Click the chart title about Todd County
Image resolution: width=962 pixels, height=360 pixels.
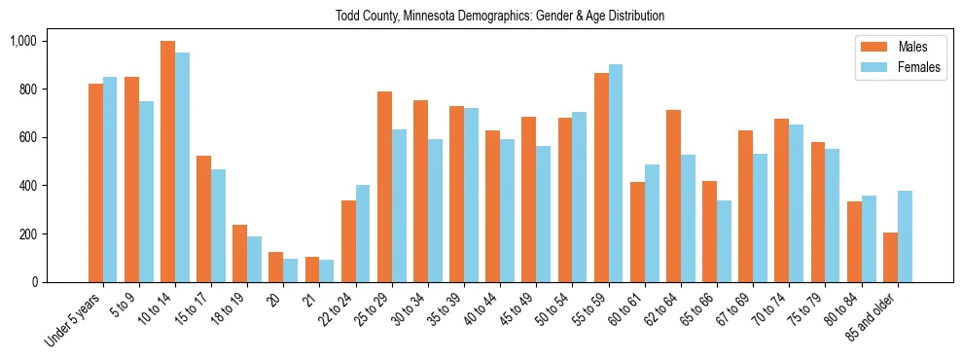(500, 17)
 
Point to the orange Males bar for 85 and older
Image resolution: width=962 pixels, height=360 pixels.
(890, 258)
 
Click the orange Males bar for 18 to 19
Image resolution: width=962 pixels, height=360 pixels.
(240, 254)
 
